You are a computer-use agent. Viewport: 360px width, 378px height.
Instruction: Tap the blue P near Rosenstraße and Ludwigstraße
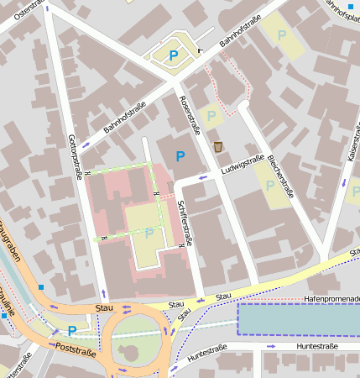click(180, 156)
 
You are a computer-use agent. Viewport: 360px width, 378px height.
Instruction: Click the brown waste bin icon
click(219, 147)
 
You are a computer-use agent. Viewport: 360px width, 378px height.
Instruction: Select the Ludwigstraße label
click(243, 164)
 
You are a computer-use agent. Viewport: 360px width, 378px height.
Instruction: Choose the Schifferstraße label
click(185, 221)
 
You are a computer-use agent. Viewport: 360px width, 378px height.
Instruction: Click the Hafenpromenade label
click(331, 298)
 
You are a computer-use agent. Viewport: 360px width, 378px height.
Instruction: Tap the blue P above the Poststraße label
click(71, 331)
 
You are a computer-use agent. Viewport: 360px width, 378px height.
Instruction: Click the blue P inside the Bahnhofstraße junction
click(174, 55)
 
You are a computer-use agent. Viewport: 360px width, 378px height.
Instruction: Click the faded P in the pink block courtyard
click(149, 233)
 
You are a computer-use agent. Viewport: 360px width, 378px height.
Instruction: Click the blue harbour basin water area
click(298, 319)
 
